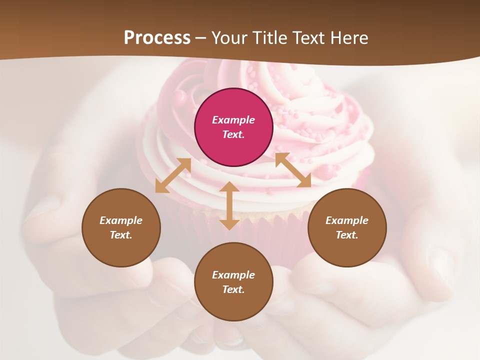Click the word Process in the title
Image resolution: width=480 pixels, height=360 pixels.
coord(157,38)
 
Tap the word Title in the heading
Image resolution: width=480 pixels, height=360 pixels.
coord(268,38)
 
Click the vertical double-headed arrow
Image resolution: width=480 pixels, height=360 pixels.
coord(229,205)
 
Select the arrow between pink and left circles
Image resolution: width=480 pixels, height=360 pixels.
coord(173,175)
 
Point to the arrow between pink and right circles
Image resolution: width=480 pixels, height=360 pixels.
coord(293,170)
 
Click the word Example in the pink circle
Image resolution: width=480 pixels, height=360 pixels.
coord(233,120)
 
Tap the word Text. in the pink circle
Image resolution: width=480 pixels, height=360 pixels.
coord(233,134)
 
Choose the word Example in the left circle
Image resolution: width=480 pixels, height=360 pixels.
coord(121,220)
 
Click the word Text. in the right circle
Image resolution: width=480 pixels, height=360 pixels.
coord(347,235)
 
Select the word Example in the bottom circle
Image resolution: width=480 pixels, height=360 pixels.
coord(233,275)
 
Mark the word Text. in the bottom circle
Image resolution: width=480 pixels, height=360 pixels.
coord(233,289)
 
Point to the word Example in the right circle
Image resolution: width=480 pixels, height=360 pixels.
coord(347,220)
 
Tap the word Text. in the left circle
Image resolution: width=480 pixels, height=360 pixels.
coord(121,235)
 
